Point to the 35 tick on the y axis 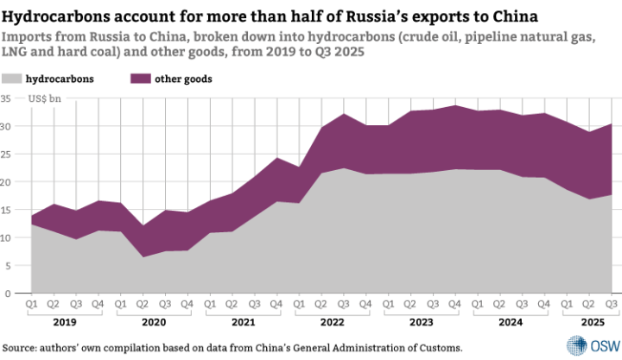(7, 99)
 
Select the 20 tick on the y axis (7, 182)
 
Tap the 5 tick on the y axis (10, 265)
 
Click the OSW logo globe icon (576, 342)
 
